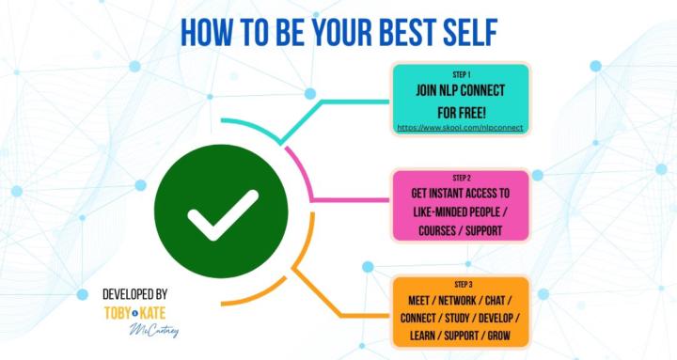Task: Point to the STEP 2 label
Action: [x=461, y=178]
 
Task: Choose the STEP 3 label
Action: [x=461, y=284]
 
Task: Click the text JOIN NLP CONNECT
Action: [x=461, y=91]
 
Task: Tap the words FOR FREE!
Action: [x=461, y=110]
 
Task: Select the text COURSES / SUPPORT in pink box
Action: [x=461, y=229]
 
